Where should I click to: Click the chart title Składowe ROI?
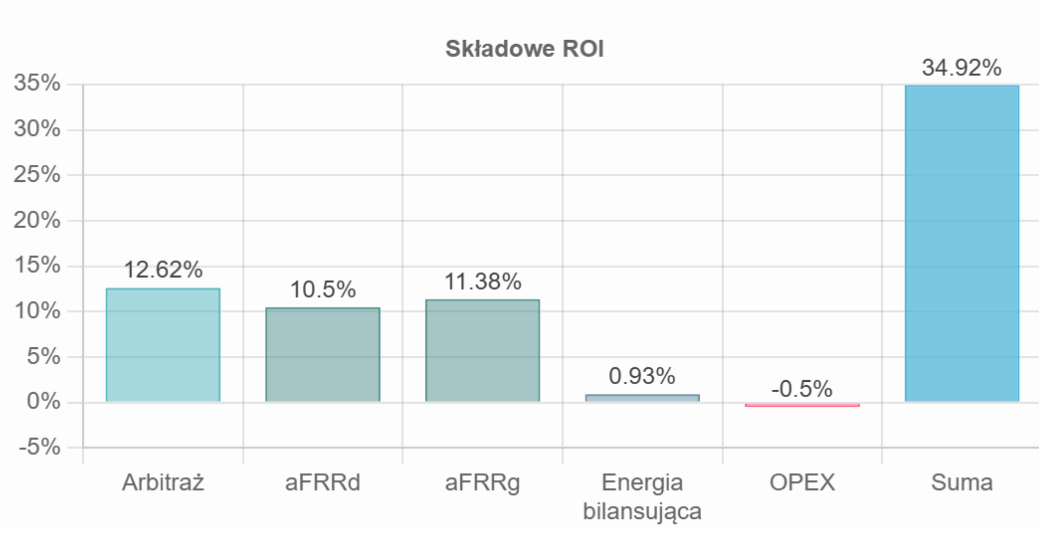pyautogui.click(x=525, y=49)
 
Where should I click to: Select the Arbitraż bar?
pyautogui.click(x=163, y=345)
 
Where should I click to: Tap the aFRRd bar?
pyautogui.click(x=323, y=355)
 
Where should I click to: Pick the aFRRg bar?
pyautogui.click(x=482, y=351)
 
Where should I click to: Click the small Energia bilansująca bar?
pyautogui.click(x=642, y=398)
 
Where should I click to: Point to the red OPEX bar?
pyautogui.click(x=802, y=405)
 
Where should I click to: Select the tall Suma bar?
pyautogui.click(x=962, y=244)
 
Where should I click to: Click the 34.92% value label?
pyautogui.click(x=961, y=68)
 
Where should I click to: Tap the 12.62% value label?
pyautogui.click(x=163, y=269)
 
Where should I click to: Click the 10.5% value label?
pyautogui.click(x=323, y=289)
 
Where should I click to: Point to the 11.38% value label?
pyautogui.click(x=483, y=281)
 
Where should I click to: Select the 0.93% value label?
pyautogui.click(x=642, y=375)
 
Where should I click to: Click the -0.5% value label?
pyautogui.click(x=801, y=388)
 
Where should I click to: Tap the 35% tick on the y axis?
pyautogui.click(x=37, y=83)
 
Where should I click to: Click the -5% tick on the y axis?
pyautogui.click(x=39, y=446)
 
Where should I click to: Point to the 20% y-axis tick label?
pyautogui.click(x=37, y=220)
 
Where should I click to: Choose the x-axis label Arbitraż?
pyautogui.click(x=163, y=482)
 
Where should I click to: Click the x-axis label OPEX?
pyautogui.click(x=802, y=482)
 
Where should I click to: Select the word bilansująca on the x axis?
pyautogui.click(x=642, y=511)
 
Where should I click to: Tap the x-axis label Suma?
pyautogui.click(x=962, y=482)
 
